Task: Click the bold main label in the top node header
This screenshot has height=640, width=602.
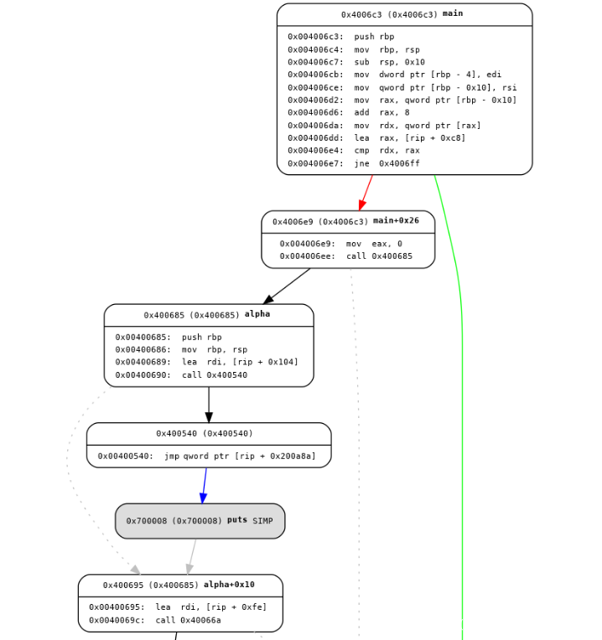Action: [x=452, y=14]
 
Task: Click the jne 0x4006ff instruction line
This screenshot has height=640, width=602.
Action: [x=353, y=163]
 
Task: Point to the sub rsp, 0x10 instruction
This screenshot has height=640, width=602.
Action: [x=355, y=62]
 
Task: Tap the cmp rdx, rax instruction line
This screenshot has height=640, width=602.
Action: [x=353, y=151]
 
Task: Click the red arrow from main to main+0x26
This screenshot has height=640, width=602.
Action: [x=366, y=193]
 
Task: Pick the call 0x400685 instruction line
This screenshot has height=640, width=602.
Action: [x=345, y=256]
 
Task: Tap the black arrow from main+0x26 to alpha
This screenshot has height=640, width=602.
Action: [x=287, y=286]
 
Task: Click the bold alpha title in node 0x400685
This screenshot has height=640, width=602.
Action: [x=257, y=315]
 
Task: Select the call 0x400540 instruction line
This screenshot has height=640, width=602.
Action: [x=181, y=375]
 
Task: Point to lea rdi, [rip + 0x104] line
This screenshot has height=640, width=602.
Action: [x=206, y=363]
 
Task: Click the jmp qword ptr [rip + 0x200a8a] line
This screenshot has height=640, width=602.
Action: [x=206, y=457]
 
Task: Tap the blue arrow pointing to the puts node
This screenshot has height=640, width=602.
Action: [x=205, y=485]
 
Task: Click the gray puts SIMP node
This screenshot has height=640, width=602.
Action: [x=200, y=521]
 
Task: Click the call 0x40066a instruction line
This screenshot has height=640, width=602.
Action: [x=155, y=620]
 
